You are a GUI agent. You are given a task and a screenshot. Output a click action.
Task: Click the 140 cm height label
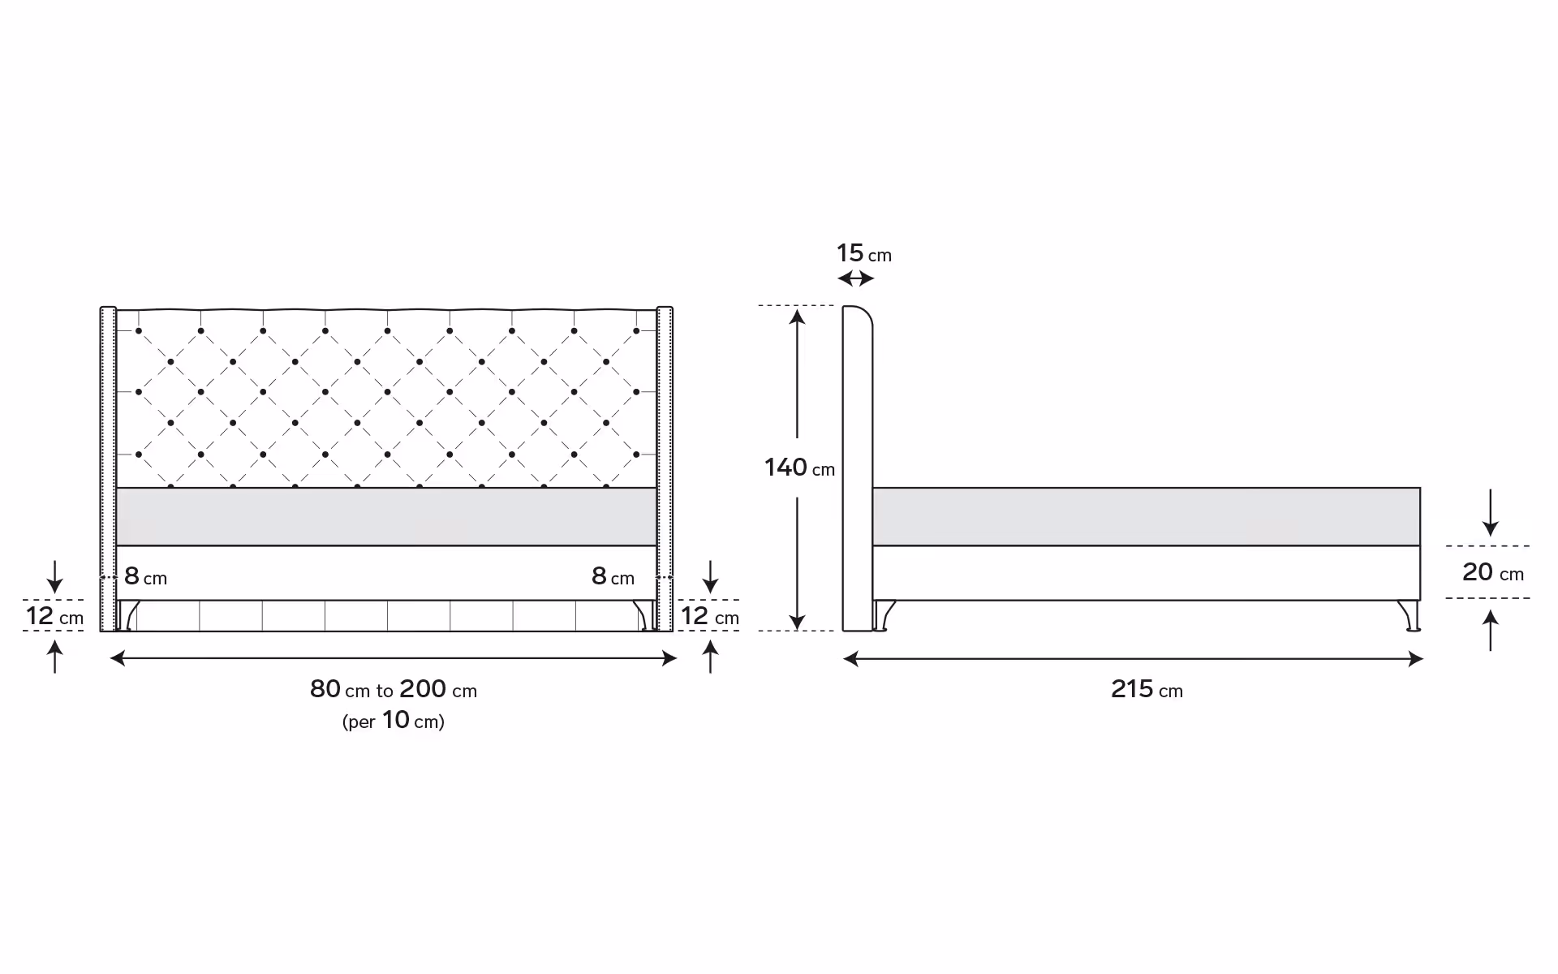799,468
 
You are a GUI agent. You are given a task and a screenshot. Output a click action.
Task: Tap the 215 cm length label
1147,689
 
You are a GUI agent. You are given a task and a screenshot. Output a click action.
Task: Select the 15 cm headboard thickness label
863,253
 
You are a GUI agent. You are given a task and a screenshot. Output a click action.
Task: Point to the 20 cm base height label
1493,572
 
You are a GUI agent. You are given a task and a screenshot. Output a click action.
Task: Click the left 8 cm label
145,576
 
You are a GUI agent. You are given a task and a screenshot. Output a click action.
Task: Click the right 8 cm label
613,576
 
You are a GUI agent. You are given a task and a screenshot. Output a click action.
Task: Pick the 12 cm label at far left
54,616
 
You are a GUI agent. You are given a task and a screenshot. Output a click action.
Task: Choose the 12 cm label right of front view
710,616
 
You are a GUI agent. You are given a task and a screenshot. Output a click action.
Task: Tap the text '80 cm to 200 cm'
394,689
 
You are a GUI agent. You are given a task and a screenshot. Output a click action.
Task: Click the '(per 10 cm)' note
394,720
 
